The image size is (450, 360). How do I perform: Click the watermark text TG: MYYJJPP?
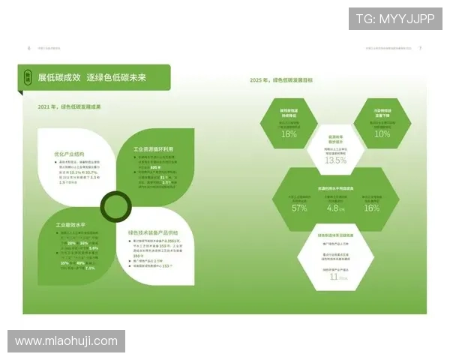394,19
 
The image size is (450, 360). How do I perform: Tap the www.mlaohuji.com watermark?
66,341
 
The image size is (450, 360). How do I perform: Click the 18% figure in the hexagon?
289,134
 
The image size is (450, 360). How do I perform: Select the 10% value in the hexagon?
382,134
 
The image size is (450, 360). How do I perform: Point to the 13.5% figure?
335,160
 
